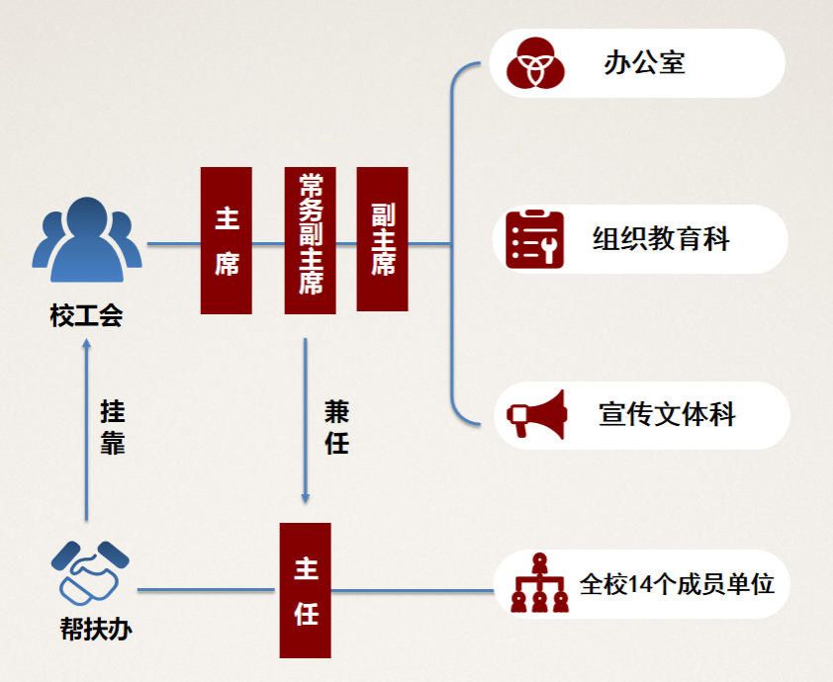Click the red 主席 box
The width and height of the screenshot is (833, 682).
point(226,240)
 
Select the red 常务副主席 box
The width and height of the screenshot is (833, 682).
point(310,240)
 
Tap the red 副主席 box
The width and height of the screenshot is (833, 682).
point(382,239)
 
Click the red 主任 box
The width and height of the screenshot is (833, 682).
point(305,590)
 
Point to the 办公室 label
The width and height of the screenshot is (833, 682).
point(644,63)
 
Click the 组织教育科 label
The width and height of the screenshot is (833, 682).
point(661,239)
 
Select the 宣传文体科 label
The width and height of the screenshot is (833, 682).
point(667,413)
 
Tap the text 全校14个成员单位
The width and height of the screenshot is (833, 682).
point(677,583)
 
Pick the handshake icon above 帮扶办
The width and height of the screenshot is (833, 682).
point(90,571)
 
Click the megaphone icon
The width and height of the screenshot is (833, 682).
point(536,415)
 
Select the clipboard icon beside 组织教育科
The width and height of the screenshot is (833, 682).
point(534,239)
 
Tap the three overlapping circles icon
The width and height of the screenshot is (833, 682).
point(535,62)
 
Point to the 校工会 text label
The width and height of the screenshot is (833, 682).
point(86,316)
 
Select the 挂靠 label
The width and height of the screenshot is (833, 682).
point(112,427)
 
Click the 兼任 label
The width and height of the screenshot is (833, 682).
point(336,427)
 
